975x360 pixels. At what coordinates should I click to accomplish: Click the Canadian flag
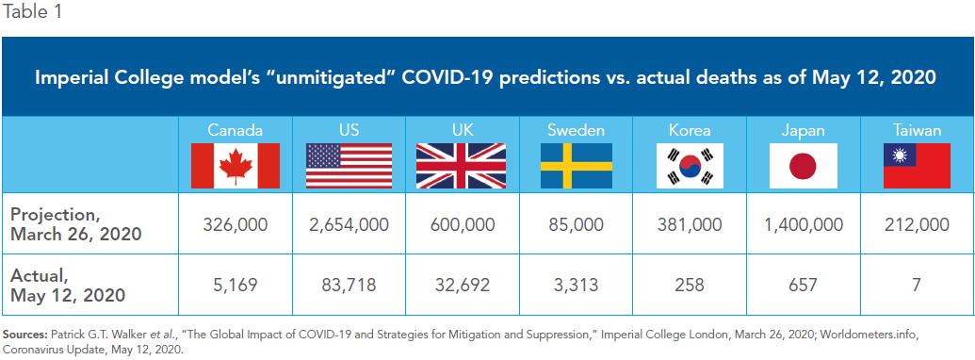tap(236, 166)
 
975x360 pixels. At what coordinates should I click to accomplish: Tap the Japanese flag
tap(803, 166)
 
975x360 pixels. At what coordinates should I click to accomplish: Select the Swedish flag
tap(576, 166)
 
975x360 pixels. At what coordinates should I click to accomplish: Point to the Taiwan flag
tap(917, 166)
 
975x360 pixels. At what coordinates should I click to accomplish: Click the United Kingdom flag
tap(461, 166)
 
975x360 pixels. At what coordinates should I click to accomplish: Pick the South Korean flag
tap(690, 166)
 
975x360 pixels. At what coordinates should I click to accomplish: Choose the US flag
tap(349, 166)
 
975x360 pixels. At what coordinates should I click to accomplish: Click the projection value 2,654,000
tap(349, 224)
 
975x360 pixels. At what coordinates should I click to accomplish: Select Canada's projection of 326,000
tap(236, 224)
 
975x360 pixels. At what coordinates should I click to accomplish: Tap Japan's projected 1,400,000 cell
tap(803, 224)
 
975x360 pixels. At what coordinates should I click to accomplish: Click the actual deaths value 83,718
tap(349, 285)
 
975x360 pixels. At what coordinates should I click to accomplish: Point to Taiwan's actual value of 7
tap(917, 285)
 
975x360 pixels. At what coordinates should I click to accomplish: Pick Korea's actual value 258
tap(690, 285)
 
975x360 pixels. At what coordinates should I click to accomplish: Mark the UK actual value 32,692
tap(461, 285)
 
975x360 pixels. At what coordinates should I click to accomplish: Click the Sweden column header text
tap(576, 131)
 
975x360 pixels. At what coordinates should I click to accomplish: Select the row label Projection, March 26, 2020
tap(75, 224)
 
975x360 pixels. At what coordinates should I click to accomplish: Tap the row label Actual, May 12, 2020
tap(68, 284)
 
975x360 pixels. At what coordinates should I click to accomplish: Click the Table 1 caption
tap(32, 12)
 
